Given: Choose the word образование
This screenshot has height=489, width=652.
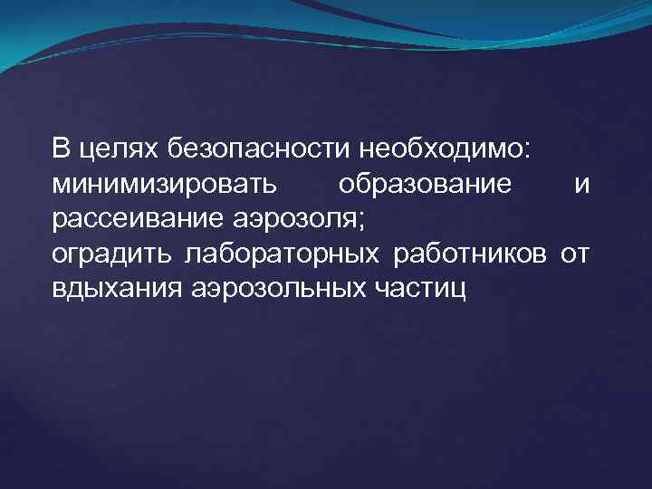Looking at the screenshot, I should (425, 185).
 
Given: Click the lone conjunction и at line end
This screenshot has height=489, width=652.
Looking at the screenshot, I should (582, 186).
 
